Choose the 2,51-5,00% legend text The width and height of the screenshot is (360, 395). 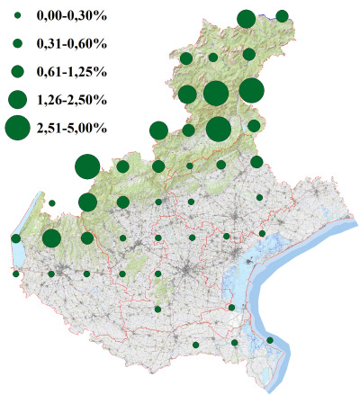pos(72,128)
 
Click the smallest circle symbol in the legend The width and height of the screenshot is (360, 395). pos(17,16)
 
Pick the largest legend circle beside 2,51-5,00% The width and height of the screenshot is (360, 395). pos(17,128)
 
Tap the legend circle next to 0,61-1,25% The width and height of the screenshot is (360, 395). pos(17,71)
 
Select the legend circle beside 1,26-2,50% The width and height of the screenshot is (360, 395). pos(17,99)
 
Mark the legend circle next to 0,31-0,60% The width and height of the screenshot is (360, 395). pos(17,43)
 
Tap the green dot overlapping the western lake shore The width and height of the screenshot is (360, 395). pos(16,238)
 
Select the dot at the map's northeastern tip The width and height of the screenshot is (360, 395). pos(282,15)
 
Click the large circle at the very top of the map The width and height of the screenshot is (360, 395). pos(246,18)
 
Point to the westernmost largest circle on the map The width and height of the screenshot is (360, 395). pos(86,166)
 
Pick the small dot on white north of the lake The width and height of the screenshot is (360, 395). pos(52,203)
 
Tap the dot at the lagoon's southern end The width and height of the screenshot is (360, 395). pos(232,308)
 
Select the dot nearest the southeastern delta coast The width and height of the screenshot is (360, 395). pos(270,340)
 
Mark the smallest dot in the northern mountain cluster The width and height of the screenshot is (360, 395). pos(212,57)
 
